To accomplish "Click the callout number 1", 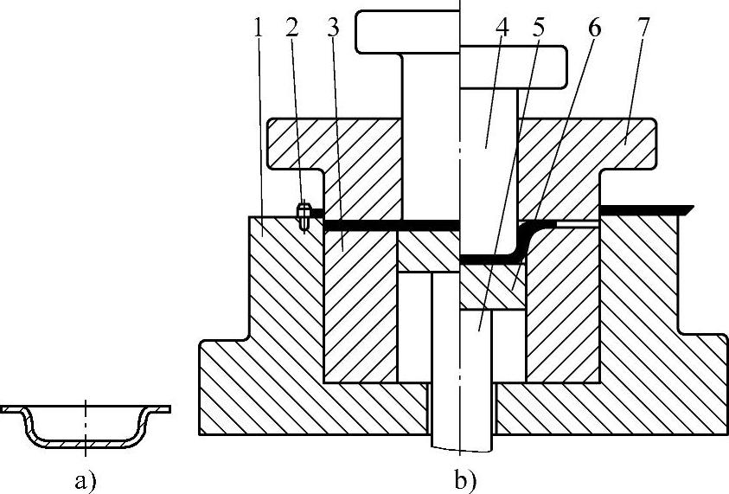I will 258,26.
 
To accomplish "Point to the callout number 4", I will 502,26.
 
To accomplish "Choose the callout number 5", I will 539,26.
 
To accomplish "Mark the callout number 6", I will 592,26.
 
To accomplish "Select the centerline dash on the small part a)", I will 86,407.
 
